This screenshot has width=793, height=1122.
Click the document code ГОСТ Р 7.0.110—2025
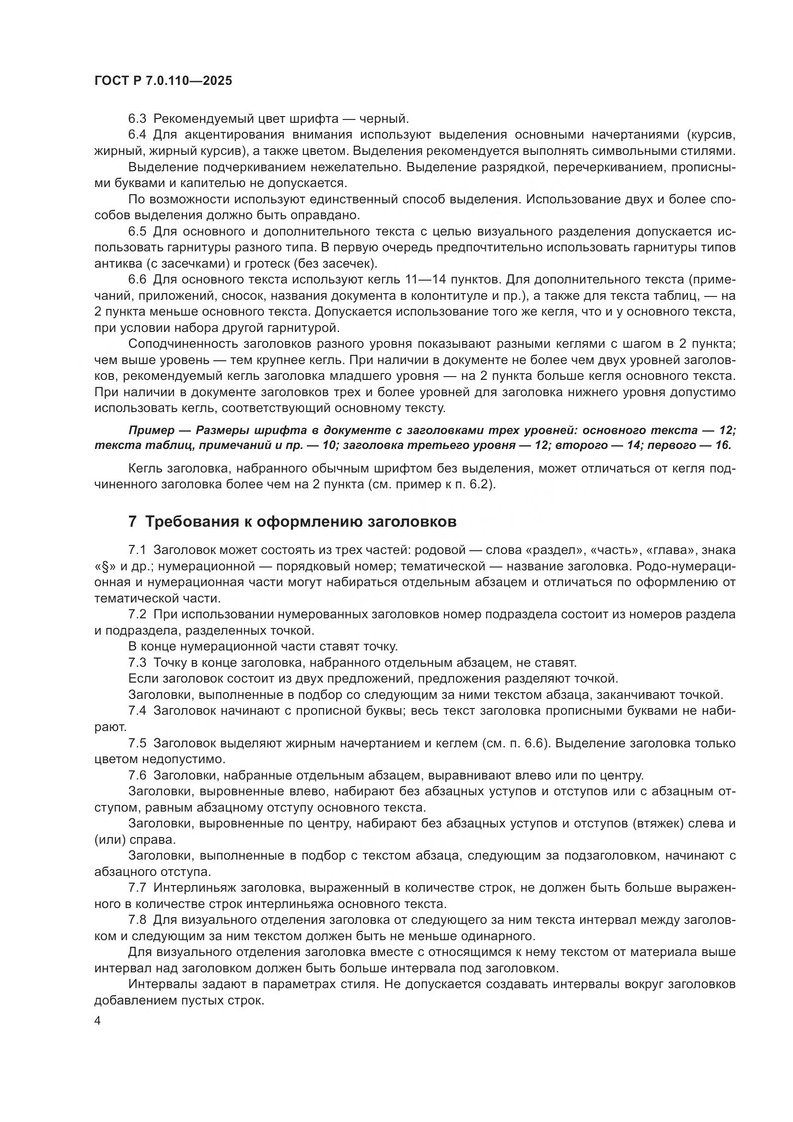coord(163,81)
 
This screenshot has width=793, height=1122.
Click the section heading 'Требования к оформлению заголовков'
coord(301,522)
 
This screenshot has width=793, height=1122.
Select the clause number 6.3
coord(137,119)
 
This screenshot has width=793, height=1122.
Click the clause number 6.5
coord(137,231)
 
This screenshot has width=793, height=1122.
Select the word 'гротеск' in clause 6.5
coord(291,264)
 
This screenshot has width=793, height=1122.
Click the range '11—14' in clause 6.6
coord(425,280)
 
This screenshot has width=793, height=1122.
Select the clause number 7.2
coord(137,614)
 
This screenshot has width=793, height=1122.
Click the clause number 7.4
coord(137,711)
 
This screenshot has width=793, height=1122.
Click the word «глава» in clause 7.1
coord(667,550)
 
